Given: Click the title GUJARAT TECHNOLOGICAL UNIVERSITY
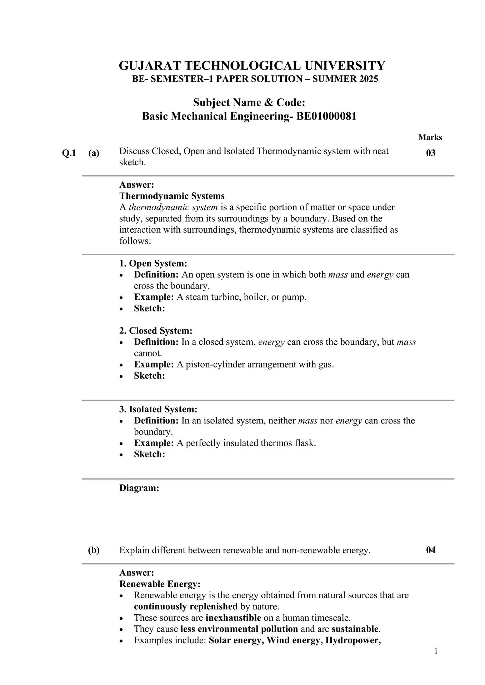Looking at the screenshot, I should pos(252,66).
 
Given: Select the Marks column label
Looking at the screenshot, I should pos(430,137).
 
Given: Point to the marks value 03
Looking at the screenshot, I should pos(431,153).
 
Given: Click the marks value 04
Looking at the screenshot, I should pos(431,550).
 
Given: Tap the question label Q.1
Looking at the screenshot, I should pos(69,153).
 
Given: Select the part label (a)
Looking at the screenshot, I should pos(94,153).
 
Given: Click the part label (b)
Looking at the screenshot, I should pos(94,550).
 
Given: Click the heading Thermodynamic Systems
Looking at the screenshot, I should pos(172,196).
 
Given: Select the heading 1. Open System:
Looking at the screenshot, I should pos(153,263).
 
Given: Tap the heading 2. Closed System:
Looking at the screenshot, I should pos(156,331).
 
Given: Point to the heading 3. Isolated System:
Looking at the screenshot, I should pos(158,409).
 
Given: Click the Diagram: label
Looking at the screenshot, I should pos(139,488).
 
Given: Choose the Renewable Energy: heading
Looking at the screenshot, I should pos(160,584).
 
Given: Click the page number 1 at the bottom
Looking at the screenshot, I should pos(435,651).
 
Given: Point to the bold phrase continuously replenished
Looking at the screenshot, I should pos(185,607).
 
